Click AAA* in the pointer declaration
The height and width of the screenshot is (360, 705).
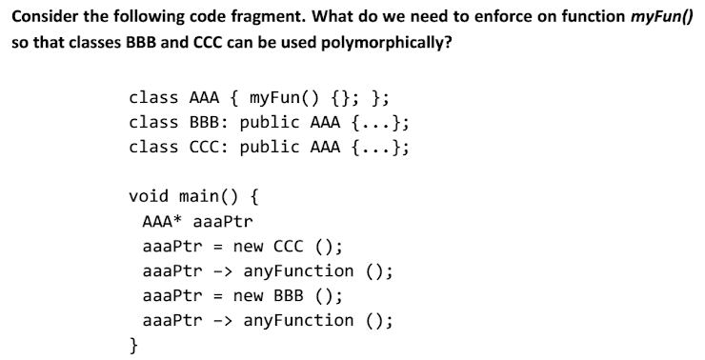[x=161, y=221]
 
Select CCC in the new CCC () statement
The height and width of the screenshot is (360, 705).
[x=296, y=246]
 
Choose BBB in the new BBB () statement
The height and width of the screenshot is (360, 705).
[x=296, y=295]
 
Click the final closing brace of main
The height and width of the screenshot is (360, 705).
[x=134, y=345]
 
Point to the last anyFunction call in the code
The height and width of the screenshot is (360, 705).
[x=298, y=320]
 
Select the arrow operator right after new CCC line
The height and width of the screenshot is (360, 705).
[x=218, y=270]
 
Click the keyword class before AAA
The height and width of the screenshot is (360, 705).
[x=153, y=97]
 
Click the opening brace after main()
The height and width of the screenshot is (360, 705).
[x=259, y=196]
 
